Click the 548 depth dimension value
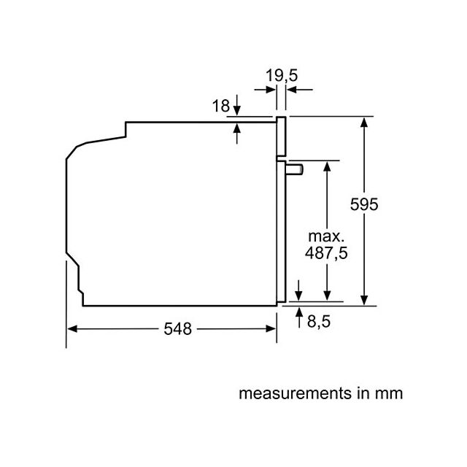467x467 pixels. coord(178,329)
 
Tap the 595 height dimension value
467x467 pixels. coord(364,204)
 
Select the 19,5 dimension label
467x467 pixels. coord(282,75)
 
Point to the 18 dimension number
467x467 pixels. coord(221,106)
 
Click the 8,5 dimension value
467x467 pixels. coord(319,322)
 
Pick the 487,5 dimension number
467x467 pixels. coord(326,253)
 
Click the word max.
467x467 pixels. coord(326,236)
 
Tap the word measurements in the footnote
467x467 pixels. coord(296,393)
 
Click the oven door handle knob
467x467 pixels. coord(294,169)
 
